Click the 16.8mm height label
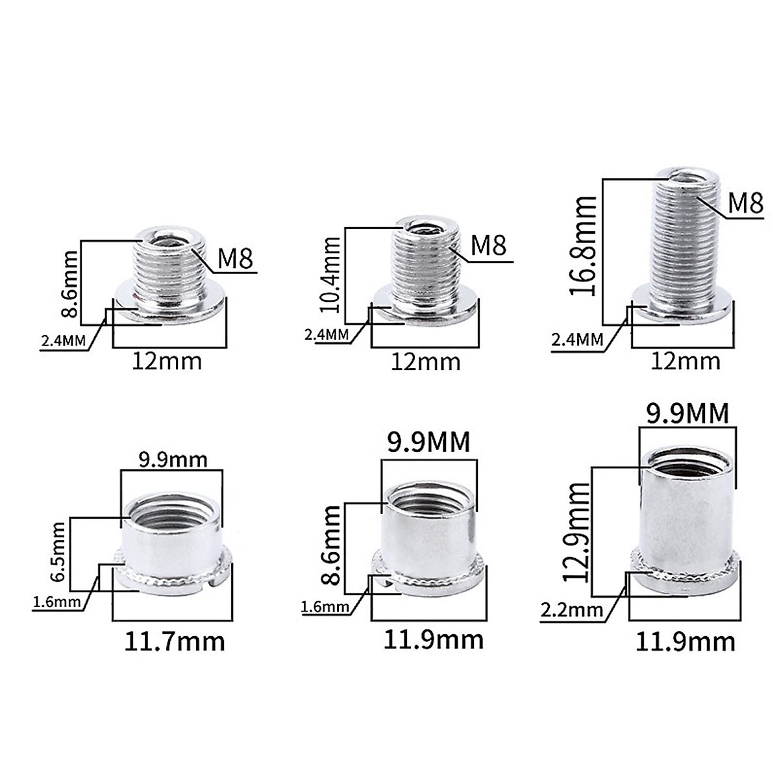(584, 246)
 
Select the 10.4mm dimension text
(329, 275)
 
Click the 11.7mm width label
(174, 642)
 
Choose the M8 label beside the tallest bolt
(745, 203)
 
